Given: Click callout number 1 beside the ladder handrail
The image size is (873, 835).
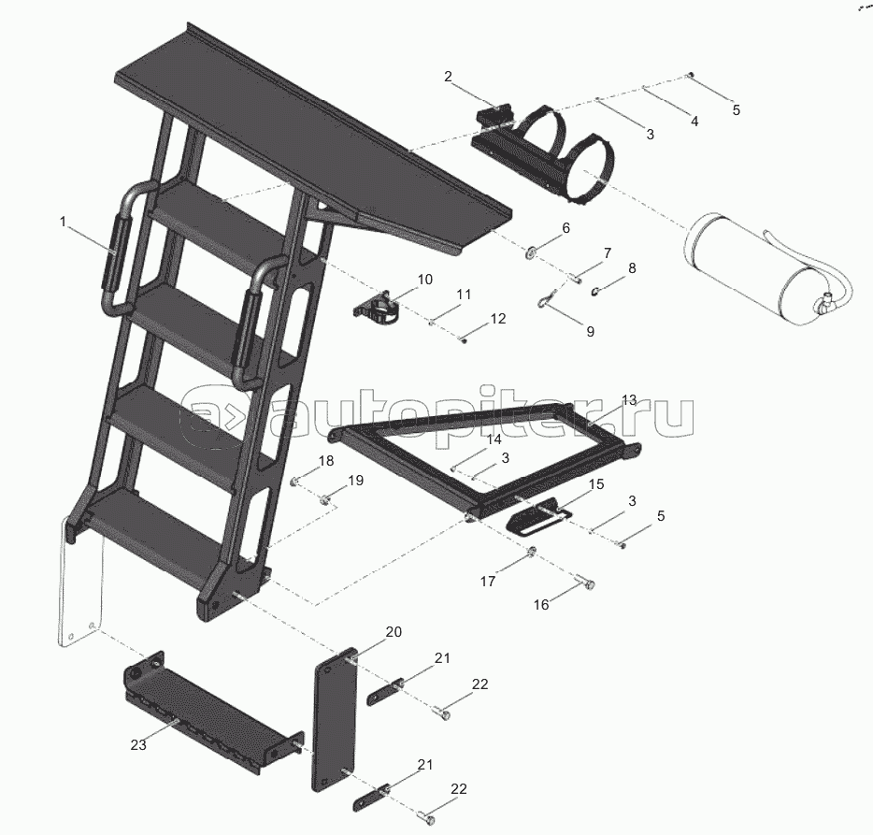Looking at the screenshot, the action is pos(63,222).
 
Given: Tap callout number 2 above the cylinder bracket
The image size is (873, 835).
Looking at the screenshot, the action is pos(449,77).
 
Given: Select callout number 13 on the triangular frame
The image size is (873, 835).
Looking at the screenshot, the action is pos(629,400).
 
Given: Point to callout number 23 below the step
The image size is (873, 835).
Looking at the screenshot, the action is pos(138,744).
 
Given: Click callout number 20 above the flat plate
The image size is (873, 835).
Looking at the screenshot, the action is pos(394,632).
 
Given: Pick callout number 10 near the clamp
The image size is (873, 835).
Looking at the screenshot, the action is pos(424,279).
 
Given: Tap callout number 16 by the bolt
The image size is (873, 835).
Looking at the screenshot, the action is pos(541,604).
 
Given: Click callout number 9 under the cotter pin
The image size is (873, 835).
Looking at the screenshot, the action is pos(590,331).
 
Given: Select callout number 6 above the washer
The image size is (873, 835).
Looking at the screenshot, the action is pos(565,227).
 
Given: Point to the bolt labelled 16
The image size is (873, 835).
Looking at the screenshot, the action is pos(584,582).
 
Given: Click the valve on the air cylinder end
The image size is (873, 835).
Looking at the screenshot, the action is pos(823,303).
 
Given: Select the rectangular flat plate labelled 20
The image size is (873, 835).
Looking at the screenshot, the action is pos(334,719).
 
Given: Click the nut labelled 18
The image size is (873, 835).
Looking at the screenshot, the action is pos(295,481).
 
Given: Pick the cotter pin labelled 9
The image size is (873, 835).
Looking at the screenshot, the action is pos(546,298).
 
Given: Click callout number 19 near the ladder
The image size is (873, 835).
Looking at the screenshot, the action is pos(356,481).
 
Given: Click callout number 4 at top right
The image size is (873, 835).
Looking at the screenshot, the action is pos(694,122).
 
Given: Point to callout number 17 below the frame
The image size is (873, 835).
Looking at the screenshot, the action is pos(488,582).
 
